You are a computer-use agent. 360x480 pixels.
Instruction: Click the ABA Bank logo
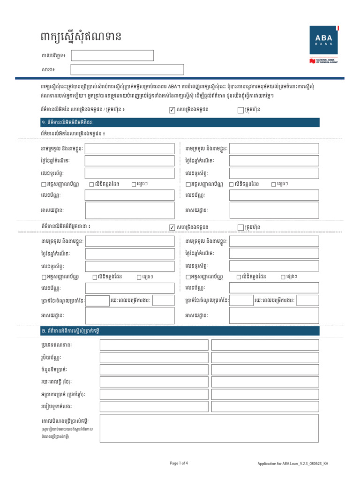(323, 40)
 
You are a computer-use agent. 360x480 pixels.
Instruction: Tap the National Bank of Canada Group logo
(323, 61)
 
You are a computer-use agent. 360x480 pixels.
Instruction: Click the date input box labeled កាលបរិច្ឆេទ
(112, 55)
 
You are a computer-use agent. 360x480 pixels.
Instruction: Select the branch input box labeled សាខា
(127, 70)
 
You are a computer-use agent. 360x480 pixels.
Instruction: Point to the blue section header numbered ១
(180, 122)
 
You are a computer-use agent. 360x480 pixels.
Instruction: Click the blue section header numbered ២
(180, 331)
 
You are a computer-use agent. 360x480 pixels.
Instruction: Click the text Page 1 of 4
(179, 463)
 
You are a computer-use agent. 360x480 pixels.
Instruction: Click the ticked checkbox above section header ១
(172, 110)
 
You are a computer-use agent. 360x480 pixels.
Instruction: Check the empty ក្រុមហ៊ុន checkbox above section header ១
(240, 110)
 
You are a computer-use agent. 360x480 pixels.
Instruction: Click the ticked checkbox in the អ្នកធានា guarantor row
(172, 227)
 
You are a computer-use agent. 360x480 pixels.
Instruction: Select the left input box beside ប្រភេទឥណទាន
(154, 345)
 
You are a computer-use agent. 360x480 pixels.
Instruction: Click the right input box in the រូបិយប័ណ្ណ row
(265, 357)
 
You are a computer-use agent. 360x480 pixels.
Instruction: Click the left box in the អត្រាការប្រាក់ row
(154, 394)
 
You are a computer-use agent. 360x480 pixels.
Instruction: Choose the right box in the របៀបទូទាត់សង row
(265, 406)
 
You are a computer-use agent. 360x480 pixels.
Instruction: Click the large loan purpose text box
(209, 428)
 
